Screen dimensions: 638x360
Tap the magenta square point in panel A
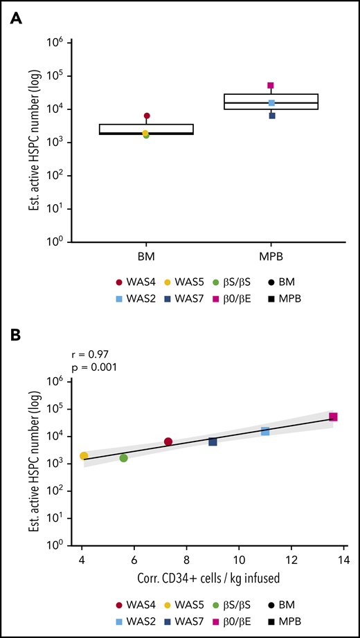[x=271, y=86]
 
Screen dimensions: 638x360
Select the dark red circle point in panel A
[x=147, y=116]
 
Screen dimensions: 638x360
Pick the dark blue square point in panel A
[x=272, y=116]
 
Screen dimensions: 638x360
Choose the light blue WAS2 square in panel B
[x=265, y=431]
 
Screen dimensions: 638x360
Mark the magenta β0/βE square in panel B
[x=333, y=417]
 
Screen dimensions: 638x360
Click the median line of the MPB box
[x=271, y=103]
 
